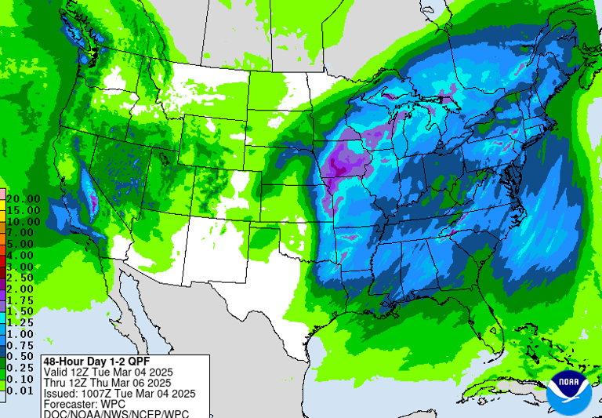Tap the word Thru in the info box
click(56, 383)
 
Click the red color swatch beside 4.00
click(3, 256)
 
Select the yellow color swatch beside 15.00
click(3, 210)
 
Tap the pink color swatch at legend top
click(3, 193)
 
